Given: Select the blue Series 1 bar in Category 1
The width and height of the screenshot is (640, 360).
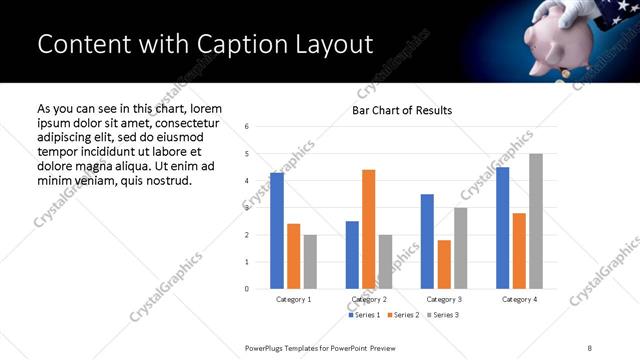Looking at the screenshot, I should click(x=277, y=231).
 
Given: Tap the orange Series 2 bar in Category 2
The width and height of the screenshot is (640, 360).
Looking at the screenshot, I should click(x=369, y=229).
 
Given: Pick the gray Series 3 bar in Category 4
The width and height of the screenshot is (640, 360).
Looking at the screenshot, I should click(x=536, y=221).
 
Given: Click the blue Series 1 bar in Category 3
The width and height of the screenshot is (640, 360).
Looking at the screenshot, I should click(x=427, y=241).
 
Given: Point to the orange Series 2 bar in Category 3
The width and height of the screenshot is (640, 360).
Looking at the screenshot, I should click(x=444, y=264).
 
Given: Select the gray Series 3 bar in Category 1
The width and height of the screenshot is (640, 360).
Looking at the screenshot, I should click(x=311, y=262).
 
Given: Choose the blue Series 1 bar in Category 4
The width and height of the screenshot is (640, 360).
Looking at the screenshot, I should click(x=502, y=228).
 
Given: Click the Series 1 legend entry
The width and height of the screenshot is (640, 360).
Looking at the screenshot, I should click(x=364, y=315).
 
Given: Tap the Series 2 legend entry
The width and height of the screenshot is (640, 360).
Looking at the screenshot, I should click(x=403, y=315).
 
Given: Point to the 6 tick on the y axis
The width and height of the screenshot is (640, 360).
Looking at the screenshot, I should click(x=247, y=127).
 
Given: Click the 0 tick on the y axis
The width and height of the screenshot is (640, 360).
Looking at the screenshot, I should click(x=247, y=289).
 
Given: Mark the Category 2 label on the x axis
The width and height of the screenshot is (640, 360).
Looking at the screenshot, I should click(x=369, y=299).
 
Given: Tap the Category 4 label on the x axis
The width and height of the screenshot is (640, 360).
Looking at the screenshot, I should click(x=519, y=299).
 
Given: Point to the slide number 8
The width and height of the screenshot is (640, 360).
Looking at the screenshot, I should click(x=590, y=346).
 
